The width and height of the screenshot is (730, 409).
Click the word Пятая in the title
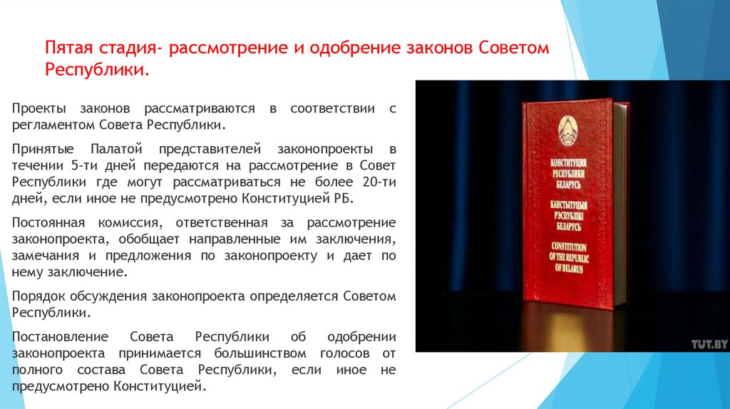click(x=68, y=50)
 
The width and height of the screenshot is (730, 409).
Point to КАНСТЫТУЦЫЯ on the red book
click(x=567, y=204)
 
